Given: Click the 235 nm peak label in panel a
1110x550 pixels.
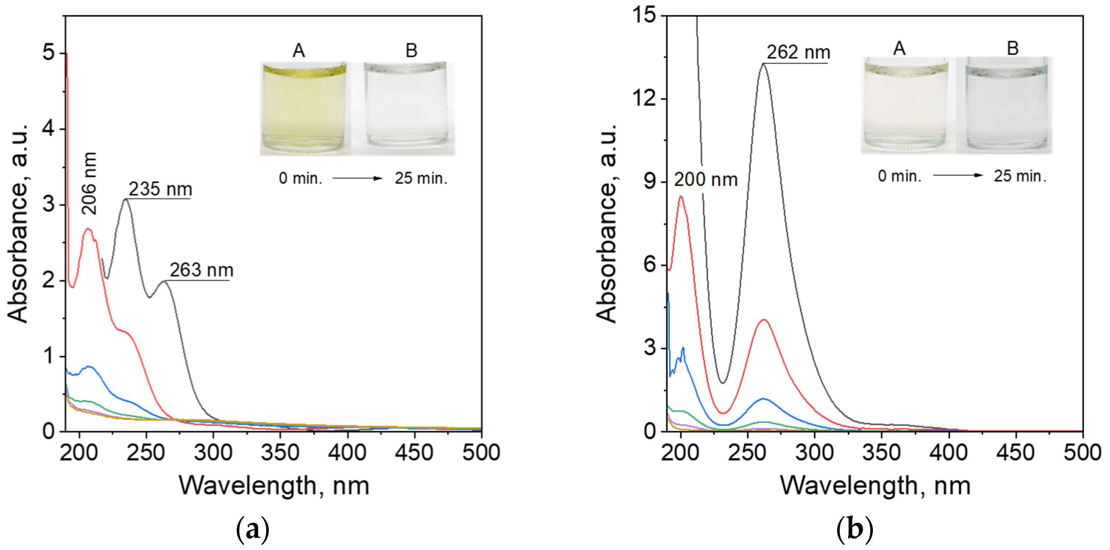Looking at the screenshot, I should click(x=160, y=189).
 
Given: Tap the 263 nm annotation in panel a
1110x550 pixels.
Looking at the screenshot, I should click(x=201, y=270).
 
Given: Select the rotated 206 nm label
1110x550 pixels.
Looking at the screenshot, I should click(x=89, y=184).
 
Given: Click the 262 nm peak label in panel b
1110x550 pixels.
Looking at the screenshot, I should click(x=798, y=53).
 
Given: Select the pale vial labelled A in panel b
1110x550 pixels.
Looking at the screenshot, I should click(x=905, y=106).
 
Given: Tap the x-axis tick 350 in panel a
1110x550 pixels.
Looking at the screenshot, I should click(x=280, y=453).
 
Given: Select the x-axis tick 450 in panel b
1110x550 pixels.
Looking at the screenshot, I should click(x=1016, y=453).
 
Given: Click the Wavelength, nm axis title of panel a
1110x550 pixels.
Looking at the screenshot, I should click(x=274, y=486).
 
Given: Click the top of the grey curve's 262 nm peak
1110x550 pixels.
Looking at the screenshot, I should click(x=764, y=64).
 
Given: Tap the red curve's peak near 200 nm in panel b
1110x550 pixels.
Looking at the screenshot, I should click(x=681, y=196).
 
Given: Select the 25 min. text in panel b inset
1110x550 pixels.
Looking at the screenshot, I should click(x=1020, y=176).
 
